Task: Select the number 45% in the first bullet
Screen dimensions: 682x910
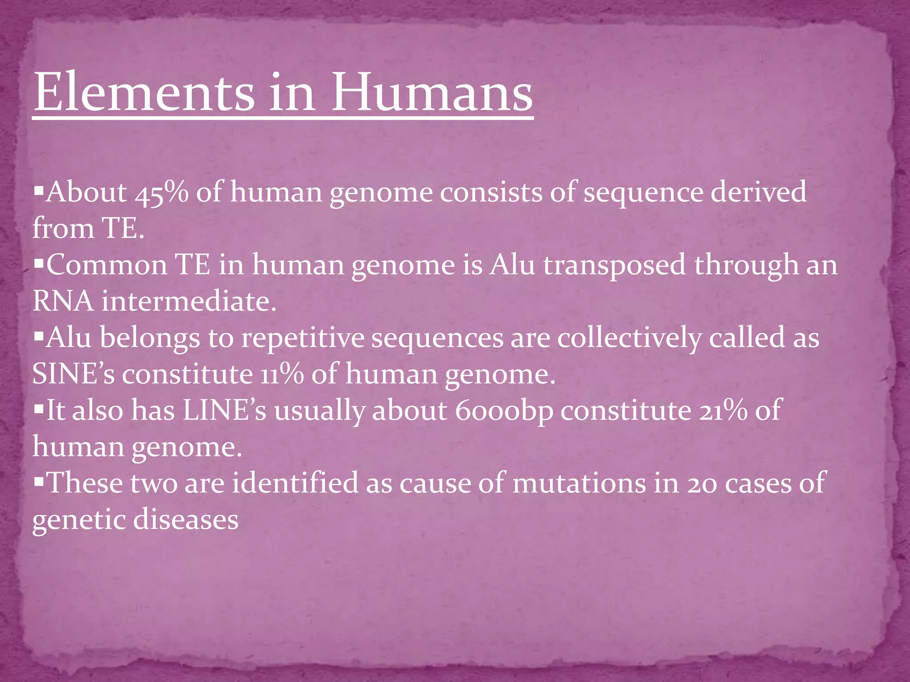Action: pos(162,193)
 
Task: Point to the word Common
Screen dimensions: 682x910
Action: pos(107,265)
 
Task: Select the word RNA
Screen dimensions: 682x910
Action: pos(63,301)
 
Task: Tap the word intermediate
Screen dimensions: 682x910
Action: pos(189,301)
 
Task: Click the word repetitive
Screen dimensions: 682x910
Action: pos(302,337)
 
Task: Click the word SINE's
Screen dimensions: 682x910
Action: pos(73,374)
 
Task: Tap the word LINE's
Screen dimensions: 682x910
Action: pos(224,410)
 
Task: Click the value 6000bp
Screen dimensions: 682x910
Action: pos(504,410)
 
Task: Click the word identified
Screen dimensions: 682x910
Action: pos(295,483)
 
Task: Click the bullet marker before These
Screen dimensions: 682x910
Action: pos(39,480)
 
